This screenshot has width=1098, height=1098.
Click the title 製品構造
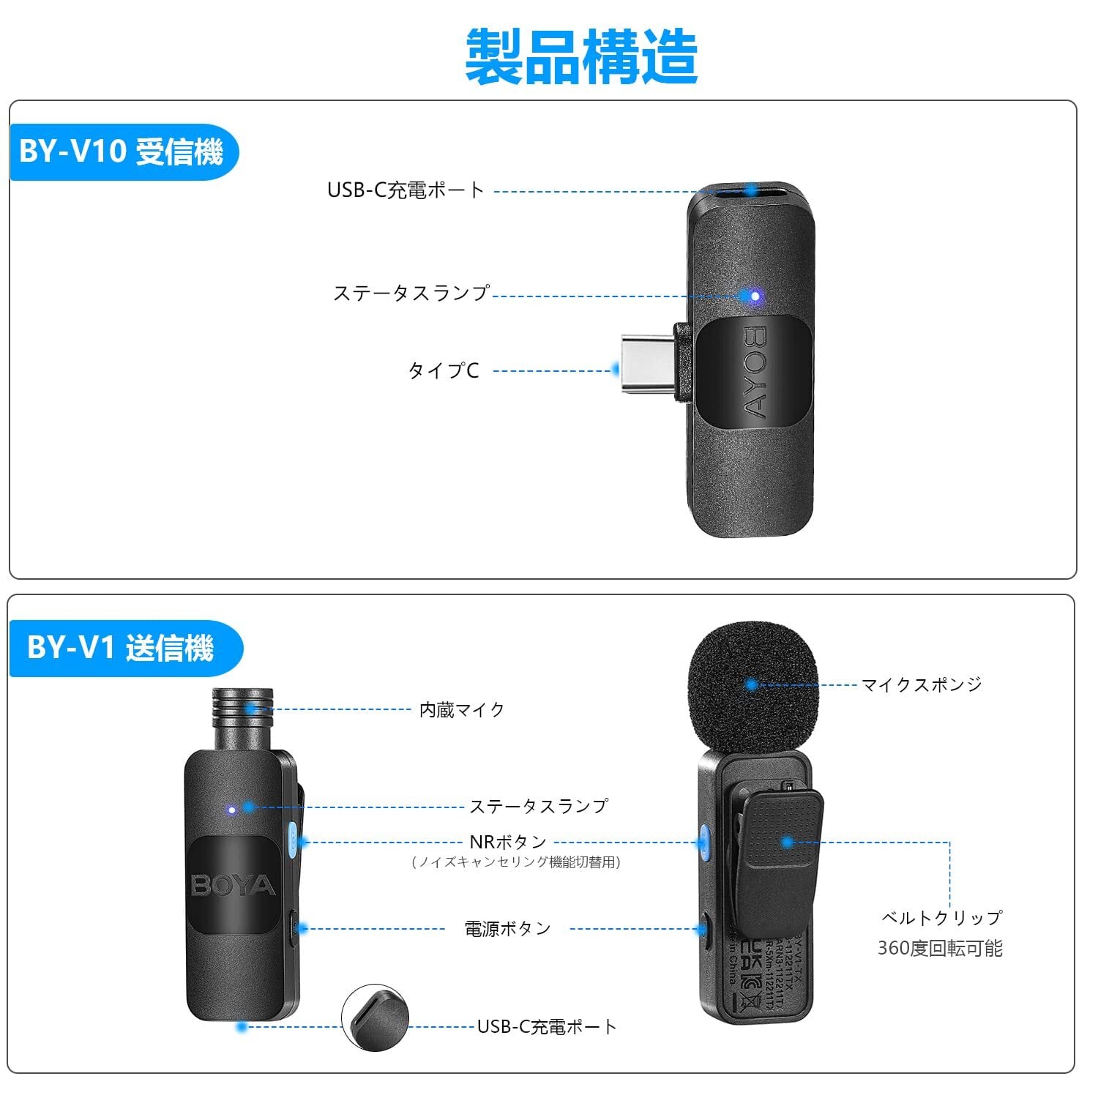pos(581,57)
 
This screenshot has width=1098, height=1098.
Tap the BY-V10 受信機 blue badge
pos(122,152)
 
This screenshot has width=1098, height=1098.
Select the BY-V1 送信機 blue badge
pos(122,649)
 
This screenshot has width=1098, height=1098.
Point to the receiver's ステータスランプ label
pos(411,294)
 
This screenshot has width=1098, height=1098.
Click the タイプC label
pos(444,370)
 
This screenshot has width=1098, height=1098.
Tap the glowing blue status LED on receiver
pos(749,296)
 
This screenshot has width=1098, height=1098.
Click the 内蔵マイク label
pos(462,710)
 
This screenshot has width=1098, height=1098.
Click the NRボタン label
pos(508,843)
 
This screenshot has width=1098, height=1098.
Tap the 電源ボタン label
pos(508,929)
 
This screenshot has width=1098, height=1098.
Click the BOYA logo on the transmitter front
pos(233,886)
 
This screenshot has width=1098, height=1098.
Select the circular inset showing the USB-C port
pos(375,1018)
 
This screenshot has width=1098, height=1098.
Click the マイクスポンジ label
pos(921,685)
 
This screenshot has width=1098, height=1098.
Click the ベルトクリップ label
pos(941,918)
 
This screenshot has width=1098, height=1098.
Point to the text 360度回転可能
pos(940,949)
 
